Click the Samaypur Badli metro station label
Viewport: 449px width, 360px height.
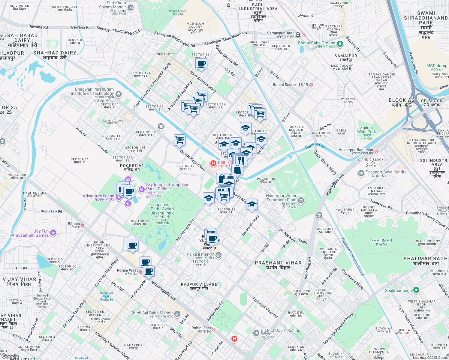(x=281, y=33)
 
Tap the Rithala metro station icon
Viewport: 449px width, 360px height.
(x=82, y=225)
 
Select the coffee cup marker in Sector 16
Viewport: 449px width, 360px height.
(x=201, y=64)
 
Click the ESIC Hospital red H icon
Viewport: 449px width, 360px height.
(x=213, y=163)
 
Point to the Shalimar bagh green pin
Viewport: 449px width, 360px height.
(x=416, y=290)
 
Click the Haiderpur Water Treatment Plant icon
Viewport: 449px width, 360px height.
(x=301, y=200)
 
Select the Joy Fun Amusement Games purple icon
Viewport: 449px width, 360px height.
(x=53, y=232)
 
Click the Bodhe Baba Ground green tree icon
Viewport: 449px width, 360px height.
(x=340, y=44)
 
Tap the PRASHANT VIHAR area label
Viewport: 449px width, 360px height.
(x=278, y=263)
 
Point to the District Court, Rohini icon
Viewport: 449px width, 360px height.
(x=256, y=333)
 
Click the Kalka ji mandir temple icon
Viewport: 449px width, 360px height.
(x=218, y=255)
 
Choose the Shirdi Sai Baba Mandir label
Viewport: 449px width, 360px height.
(x=152, y=313)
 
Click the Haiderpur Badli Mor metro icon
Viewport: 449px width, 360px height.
(x=376, y=151)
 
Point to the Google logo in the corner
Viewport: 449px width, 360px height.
(x=10, y=356)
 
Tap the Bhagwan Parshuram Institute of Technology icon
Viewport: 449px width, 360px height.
(x=119, y=94)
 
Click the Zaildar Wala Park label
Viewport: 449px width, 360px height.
(x=366, y=130)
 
